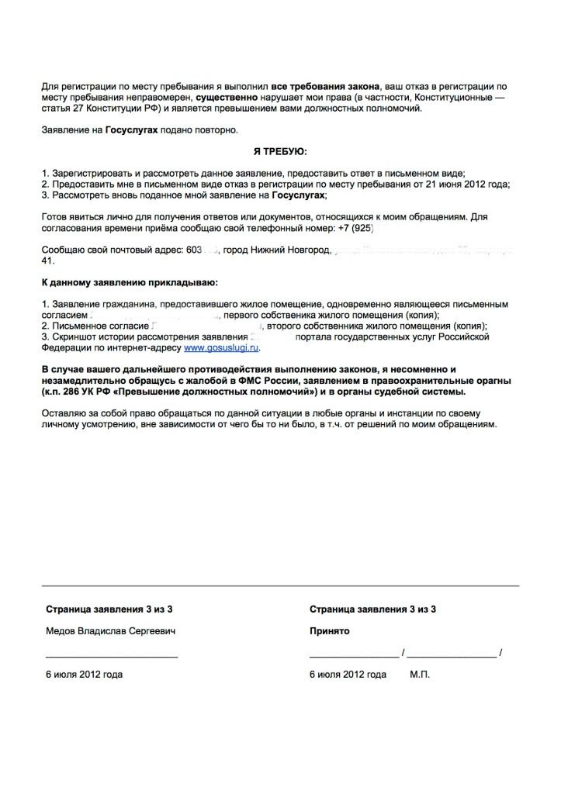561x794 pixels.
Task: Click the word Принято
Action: click(329, 631)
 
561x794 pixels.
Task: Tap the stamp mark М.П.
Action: click(420, 675)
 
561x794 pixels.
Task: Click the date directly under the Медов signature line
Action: click(84, 675)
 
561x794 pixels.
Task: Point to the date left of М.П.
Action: click(348, 675)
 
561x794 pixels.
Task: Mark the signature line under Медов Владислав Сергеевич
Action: click(112, 656)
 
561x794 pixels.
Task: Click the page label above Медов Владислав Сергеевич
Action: click(109, 609)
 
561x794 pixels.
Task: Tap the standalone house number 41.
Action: click(47, 261)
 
